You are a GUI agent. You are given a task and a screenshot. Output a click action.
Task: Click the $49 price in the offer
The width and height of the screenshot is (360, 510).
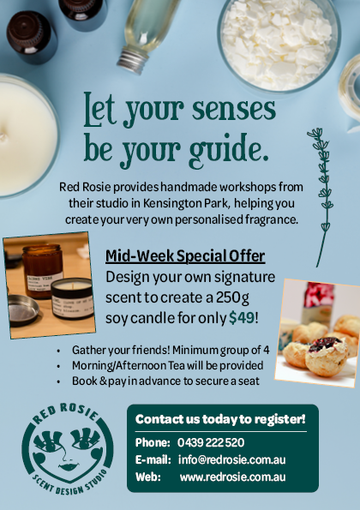[242, 318]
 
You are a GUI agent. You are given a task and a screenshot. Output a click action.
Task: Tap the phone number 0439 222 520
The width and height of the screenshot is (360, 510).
[211, 442]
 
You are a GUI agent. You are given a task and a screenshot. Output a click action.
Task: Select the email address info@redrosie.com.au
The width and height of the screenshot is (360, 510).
[232, 460]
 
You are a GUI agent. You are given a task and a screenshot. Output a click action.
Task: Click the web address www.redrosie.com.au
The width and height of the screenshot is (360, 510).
[232, 477]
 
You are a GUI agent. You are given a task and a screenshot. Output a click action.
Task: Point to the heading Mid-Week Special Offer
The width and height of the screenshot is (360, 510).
[185, 256]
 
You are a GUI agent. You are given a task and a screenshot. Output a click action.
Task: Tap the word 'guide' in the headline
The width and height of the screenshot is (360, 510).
[225, 150]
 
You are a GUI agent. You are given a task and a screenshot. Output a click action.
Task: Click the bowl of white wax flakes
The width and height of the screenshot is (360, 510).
[279, 45]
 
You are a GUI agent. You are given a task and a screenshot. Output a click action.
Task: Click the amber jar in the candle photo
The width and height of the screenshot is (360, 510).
[42, 271]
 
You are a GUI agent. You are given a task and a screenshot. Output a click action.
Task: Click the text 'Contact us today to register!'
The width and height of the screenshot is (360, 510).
[220, 419]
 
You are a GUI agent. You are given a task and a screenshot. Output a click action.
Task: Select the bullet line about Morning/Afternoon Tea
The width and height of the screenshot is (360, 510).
[167, 366]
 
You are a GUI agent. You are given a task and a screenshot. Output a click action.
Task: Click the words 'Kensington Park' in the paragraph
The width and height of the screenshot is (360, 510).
[186, 203]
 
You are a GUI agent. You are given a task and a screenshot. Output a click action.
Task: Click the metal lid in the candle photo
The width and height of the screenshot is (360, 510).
[23, 310]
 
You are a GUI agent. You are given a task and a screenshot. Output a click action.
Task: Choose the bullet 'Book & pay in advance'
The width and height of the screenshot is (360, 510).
[165, 381]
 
